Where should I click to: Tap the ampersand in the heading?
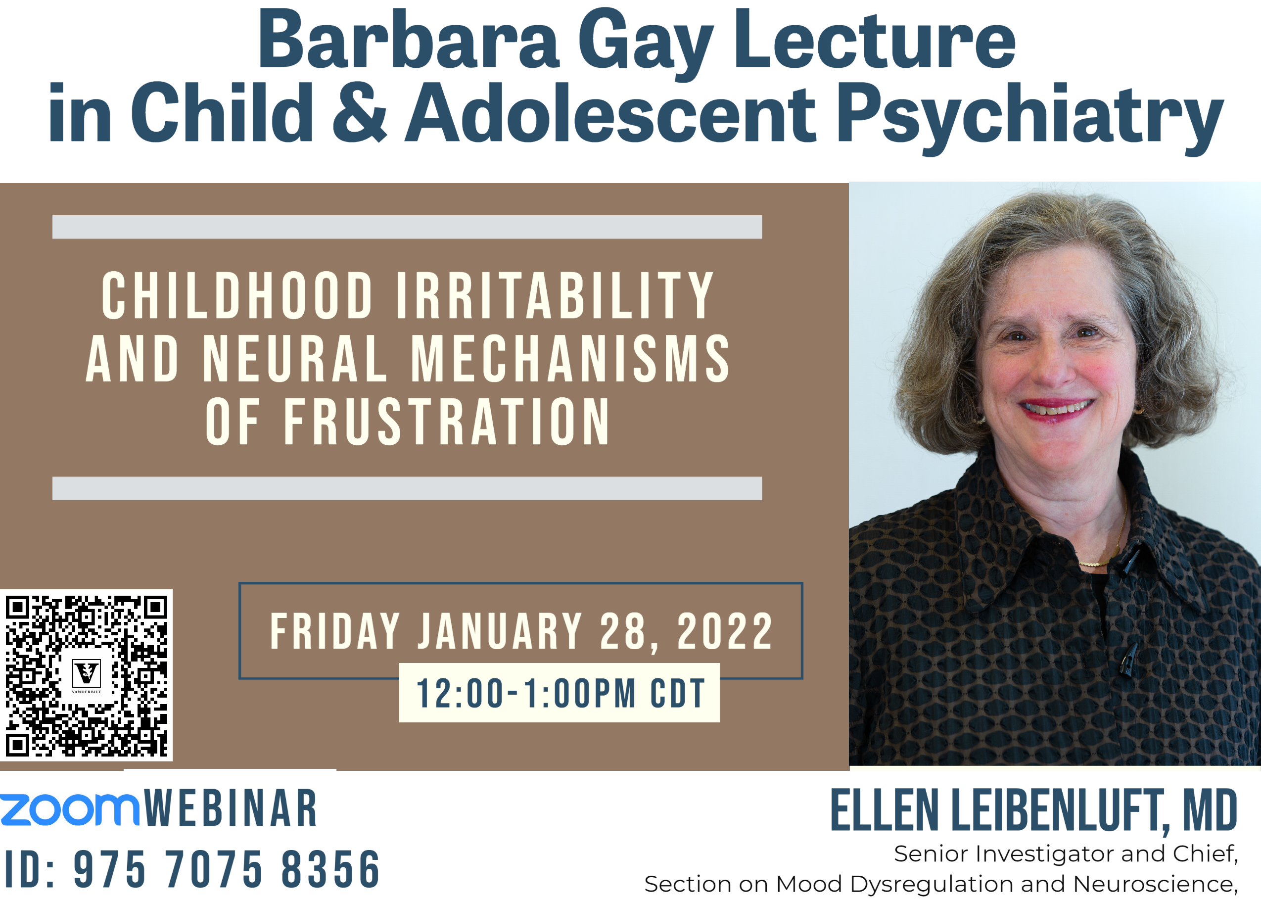[x=360, y=112]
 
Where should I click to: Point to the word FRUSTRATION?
[x=446, y=422]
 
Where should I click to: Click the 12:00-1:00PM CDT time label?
[x=560, y=693]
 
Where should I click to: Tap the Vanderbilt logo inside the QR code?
[x=87, y=674]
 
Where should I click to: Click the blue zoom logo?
[x=69, y=809]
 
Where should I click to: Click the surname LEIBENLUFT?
[x=1057, y=811]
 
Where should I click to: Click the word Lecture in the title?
[x=875, y=42]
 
